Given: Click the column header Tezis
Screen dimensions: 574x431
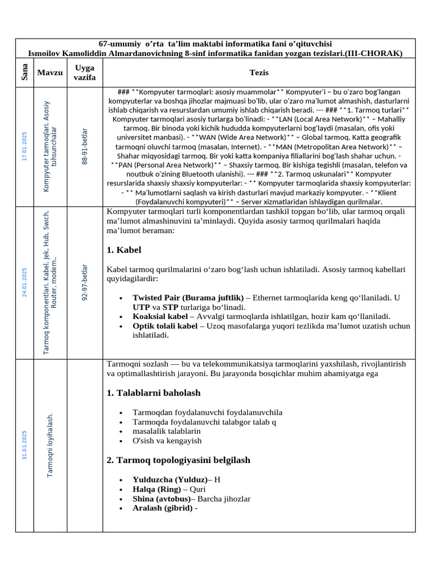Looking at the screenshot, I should click(x=259, y=72).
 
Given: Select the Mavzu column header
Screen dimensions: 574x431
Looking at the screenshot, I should click(x=50, y=72).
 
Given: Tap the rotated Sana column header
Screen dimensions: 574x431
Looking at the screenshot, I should click(x=25, y=72).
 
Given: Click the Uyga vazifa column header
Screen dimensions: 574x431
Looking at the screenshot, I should click(x=85, y=72).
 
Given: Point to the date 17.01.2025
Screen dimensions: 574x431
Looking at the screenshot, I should click(x=24, y=146).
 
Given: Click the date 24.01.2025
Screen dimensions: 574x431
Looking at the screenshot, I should click(x=24, y=283).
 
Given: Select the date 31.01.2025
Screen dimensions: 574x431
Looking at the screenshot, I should click(x=24, y=445).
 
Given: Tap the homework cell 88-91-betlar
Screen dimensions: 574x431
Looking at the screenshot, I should click(x=85, y=147).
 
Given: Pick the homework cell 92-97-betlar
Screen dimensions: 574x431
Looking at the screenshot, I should click(x=85, y=283).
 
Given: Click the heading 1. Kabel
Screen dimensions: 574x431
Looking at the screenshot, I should click(x=123, y=250).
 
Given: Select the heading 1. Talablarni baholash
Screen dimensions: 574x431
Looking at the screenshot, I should click(x=153, y=393).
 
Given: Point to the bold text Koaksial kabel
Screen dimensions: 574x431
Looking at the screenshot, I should click(x=160, y=316).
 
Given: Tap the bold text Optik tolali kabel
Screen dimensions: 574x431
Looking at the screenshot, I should click(x=165, y=326).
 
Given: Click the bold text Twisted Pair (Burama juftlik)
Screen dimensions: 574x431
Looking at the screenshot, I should click(x=188, y=297).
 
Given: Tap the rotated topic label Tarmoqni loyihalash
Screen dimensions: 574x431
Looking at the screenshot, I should click(x=50, y=445).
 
